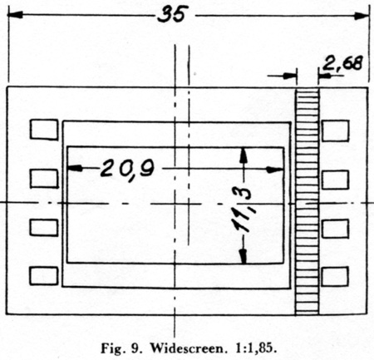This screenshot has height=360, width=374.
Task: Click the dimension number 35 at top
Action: click(171, 13)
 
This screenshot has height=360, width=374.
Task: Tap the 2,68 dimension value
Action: click(342, 63)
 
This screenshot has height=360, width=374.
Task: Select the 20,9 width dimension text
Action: click(127, 169)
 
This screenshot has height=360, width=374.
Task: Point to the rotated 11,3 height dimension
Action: click(244, 210)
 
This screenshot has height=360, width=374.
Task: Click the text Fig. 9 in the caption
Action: click(121, 348)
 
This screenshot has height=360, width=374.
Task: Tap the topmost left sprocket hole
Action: click(44, 129)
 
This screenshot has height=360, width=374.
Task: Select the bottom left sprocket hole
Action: click(44, 276)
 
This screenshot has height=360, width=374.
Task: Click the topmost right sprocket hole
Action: click(335, 131)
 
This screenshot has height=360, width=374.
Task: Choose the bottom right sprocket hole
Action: click(335, 277)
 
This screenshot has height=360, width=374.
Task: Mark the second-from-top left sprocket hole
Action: click(44, 179)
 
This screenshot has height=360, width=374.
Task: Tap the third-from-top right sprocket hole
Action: click(335, 229)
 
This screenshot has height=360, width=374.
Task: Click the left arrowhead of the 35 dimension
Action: click(15, 15)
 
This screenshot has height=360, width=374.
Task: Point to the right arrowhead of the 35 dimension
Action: click(362, 16)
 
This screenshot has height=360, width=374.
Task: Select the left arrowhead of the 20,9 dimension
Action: click(75, 168)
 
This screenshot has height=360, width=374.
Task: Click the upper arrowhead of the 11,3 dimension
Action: click(244, 155)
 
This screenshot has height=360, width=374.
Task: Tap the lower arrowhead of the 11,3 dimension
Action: click(244, 256)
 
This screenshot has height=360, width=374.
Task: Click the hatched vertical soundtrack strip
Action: click(308, 201)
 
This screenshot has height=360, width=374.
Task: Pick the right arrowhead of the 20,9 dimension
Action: click(275, 170)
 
